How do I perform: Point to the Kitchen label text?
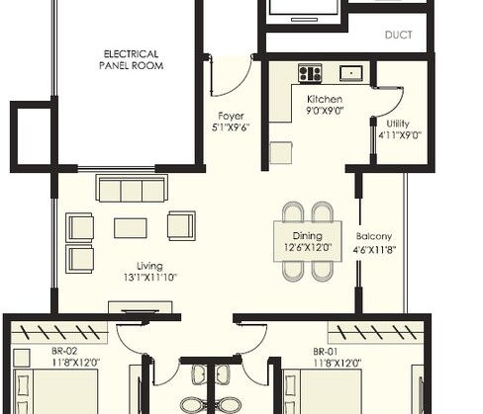(324, 100)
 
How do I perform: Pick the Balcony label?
(375, 236)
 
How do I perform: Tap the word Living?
(150, 266)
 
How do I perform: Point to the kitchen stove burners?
(310, 73)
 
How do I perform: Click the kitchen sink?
(351, 73)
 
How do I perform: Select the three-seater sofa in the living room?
(129, 190)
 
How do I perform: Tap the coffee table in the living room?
(130, 228)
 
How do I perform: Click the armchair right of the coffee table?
(181, 226)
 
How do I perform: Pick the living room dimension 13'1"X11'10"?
(150, 278)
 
